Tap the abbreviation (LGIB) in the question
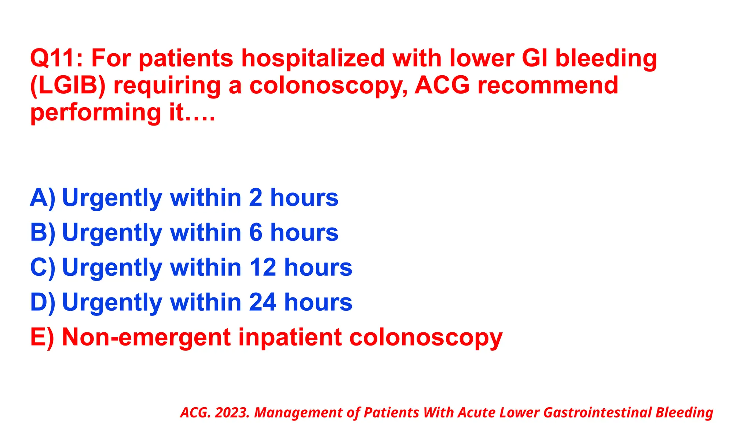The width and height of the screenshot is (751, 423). click(68, 86)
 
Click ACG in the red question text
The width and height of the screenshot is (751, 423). click(442, 86)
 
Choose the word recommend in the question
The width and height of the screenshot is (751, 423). click(548, 86)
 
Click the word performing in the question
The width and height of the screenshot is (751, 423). click(95, 113)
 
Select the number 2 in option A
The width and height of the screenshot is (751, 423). click(256, 198)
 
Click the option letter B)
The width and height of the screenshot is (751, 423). click(43, 233)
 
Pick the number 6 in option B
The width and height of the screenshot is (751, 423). click(256, 233)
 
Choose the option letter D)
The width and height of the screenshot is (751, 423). click(43, 303)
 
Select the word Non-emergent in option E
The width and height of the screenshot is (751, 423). click(147, 337)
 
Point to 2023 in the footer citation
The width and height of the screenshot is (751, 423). click(232, 413)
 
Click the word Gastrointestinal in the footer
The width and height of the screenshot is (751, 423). click(597, 413)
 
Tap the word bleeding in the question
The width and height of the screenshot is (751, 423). click(606, 59)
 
